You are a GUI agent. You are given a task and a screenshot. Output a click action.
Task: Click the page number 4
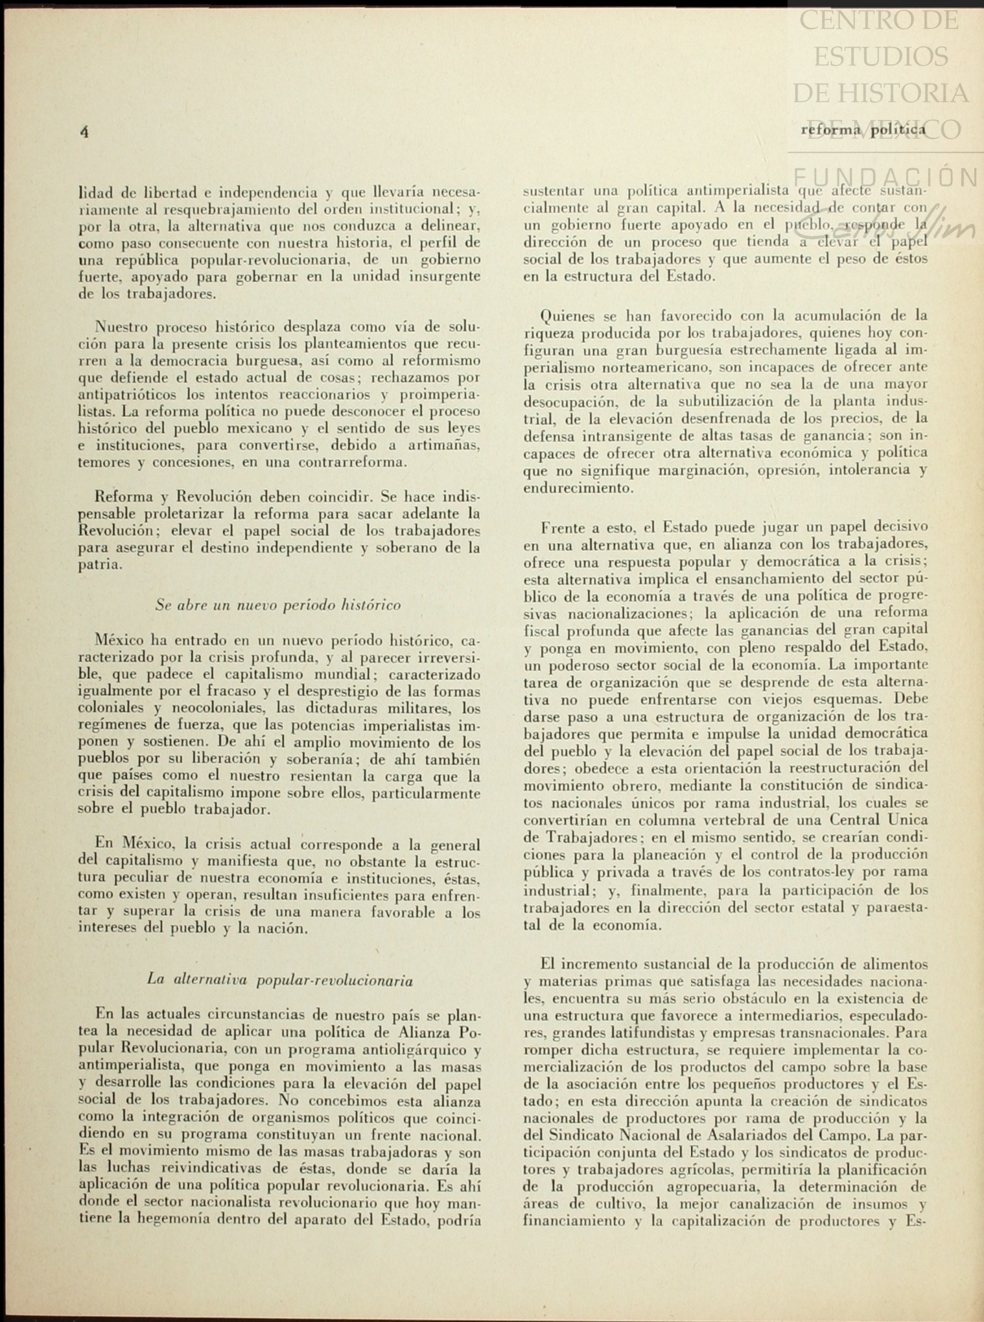coord(84,131)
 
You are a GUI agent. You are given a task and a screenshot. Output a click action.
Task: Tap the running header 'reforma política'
coord(863,130)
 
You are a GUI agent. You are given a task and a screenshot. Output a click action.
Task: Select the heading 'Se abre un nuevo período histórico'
coord(278,605)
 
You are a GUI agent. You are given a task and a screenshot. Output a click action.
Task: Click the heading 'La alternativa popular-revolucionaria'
coord(280,980)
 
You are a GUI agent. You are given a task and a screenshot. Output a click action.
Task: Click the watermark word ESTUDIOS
coord(880,56)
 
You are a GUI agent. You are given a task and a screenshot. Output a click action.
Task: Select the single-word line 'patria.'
coord(100,564)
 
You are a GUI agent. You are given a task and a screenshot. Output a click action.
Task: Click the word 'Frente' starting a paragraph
coord(565,527)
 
